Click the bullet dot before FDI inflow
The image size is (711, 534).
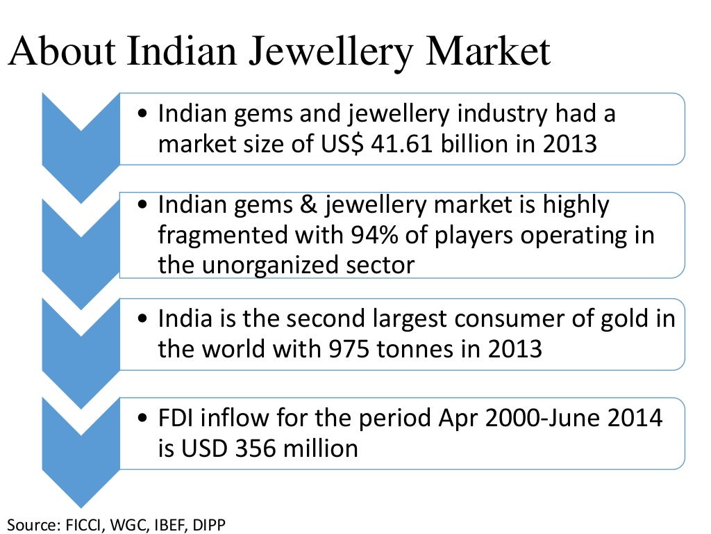coord(143,419)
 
